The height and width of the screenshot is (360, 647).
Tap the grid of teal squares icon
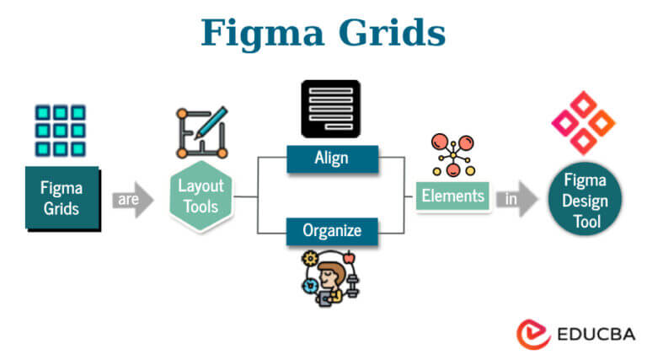point(61,131)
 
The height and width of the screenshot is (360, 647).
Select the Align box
point(331,158)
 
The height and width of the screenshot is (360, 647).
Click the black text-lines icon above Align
point(330,109)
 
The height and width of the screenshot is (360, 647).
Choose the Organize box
point(331,230)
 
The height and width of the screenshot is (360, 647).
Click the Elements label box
point(453,196)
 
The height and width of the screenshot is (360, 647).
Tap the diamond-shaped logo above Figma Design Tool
point(583,122)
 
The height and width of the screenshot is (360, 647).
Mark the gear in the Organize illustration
point(311,258)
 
